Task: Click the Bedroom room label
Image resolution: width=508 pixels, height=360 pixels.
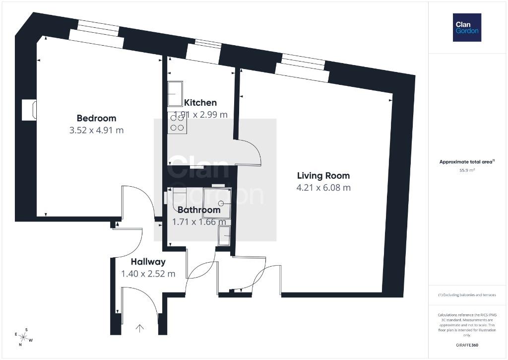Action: (96, 118)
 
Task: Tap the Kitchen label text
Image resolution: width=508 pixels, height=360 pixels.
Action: (200, 102)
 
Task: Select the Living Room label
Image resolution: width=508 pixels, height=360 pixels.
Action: (323, 175)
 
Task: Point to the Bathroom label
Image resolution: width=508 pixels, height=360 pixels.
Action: (199, 210)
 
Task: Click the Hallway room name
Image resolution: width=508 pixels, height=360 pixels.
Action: (148, 262)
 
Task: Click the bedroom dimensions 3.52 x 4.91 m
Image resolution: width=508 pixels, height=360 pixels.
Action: (96, 130)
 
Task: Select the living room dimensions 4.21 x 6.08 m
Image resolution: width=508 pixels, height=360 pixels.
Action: (323, 188)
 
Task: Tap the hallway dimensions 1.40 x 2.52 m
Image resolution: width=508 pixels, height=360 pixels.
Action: (148, 274)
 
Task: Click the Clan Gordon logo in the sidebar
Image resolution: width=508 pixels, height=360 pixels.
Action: (467, 28)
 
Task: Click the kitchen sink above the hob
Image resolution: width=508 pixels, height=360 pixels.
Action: (175, 93)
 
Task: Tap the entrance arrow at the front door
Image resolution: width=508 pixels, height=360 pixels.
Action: (139, 328)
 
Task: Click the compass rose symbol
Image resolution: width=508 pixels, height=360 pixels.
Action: (23, 337)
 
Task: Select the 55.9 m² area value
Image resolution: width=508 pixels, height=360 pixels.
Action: (467, 170)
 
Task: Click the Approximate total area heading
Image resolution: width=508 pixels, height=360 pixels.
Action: (466, 161)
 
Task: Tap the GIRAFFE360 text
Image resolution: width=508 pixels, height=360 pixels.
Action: (467, 345)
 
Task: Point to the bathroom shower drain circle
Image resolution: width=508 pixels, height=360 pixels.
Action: (221, 204)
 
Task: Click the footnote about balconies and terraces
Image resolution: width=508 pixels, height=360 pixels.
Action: (467, 295)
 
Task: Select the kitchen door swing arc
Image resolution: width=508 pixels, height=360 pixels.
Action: (255, 147)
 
